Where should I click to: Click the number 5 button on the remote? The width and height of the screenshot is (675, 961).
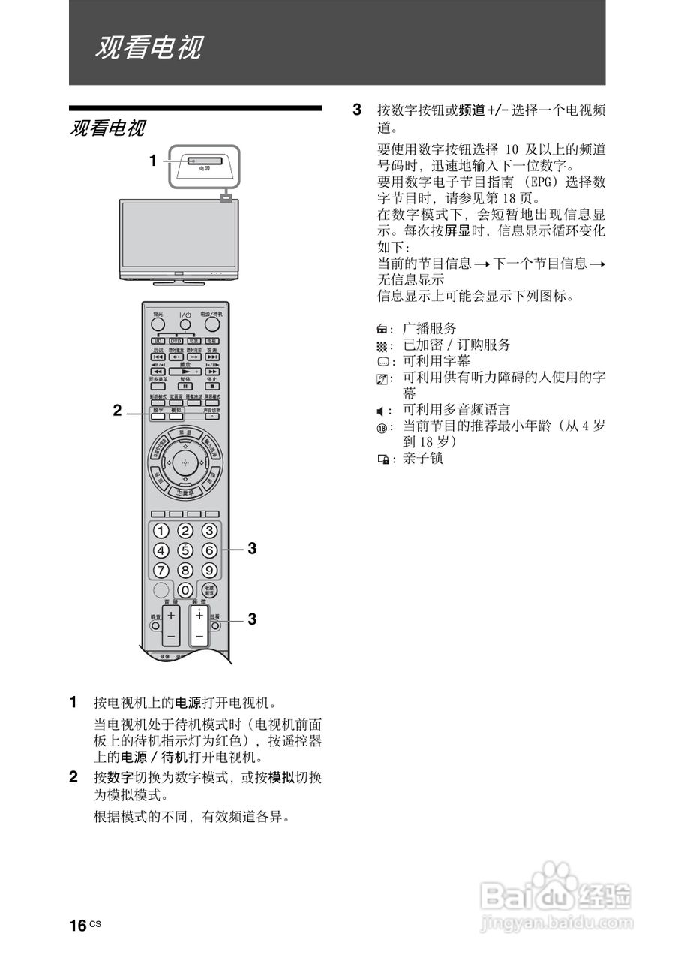click(185, 550)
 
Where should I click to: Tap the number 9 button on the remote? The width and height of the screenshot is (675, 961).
click(210, 569)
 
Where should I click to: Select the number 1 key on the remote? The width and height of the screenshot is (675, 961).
click(160, 531)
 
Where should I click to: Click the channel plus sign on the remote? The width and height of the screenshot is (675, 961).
click(198, 616)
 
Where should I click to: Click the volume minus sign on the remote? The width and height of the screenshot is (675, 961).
click(170, 636)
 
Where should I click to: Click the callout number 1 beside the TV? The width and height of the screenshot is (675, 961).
click(152, 160)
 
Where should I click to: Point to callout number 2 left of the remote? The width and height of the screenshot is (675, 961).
click(117, 410)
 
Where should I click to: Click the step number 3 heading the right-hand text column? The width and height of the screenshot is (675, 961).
click(357, 110)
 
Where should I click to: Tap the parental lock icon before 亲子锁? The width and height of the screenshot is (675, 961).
click(382, 457)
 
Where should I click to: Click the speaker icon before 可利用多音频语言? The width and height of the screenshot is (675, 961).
click(381, 410)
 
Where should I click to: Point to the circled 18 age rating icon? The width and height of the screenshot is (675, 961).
click(382, 426)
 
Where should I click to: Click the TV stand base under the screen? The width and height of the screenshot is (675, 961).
click(178, 282)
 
